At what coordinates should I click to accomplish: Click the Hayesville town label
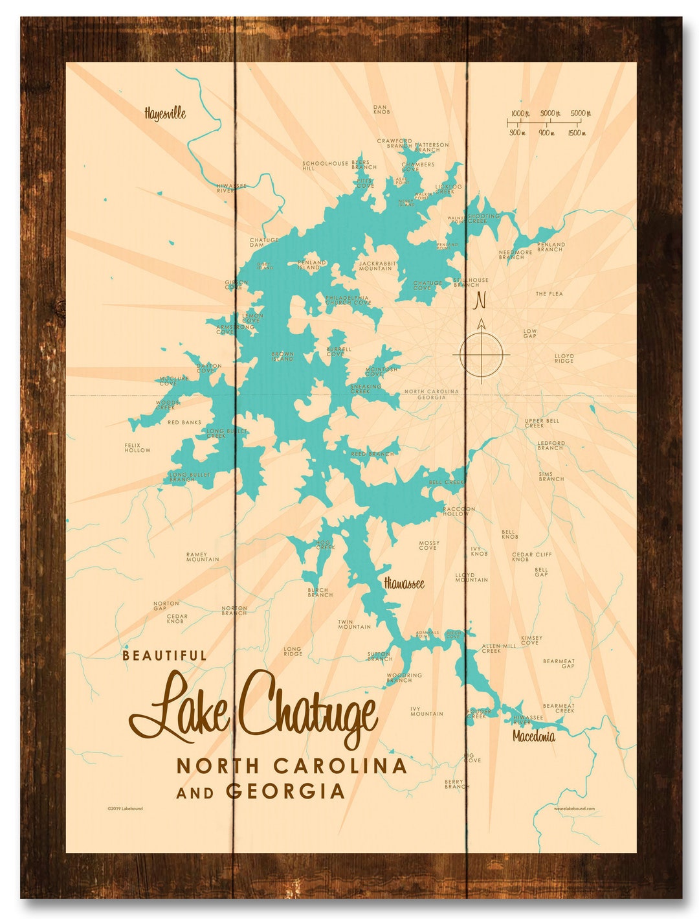(165, 113)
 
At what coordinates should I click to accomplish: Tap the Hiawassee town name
(404, 584)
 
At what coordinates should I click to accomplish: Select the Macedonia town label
(533, 736)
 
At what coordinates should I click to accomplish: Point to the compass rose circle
(482, 355)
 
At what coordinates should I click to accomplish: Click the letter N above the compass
(480, 301)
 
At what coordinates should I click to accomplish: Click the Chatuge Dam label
(264, 243)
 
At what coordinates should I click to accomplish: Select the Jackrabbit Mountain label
(375, 266)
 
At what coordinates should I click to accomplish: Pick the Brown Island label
(282, 356)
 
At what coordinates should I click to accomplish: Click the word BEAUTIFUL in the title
(164, 655)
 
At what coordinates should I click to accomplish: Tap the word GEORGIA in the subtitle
(285, 791)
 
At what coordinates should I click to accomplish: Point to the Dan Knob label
(381, 109)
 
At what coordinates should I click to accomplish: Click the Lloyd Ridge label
(564, 358)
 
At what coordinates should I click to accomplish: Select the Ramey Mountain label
(203, 557)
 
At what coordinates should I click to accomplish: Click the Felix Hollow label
(137, 448)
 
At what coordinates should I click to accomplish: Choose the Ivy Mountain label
(427, 711)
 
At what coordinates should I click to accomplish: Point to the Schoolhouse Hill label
(324, 166)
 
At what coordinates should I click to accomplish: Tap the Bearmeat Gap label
(559, 663)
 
